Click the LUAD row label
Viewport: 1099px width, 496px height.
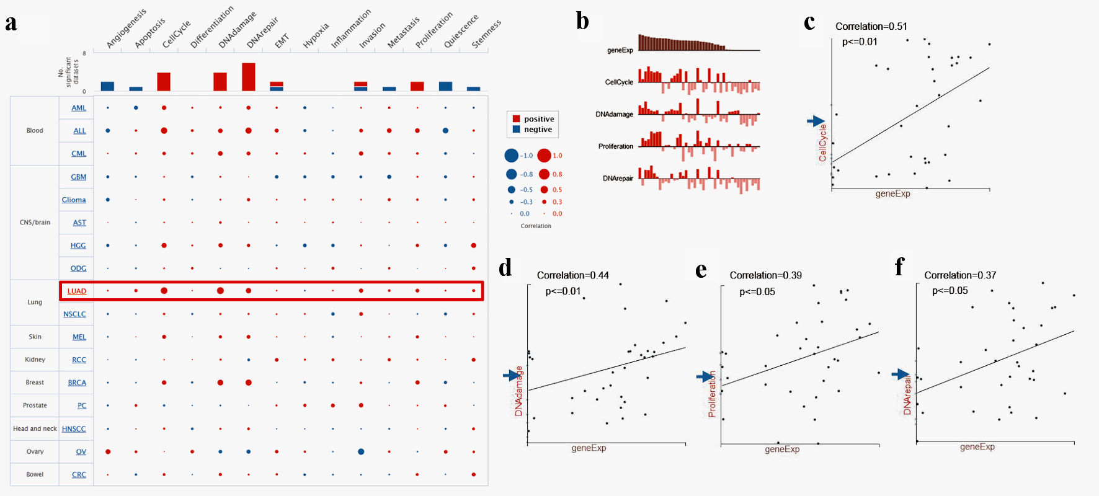click(77, 291)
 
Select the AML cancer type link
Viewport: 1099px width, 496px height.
click(79, 108)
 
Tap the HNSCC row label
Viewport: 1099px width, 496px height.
click(74, 429)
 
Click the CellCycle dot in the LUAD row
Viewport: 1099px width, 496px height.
click(164, 291)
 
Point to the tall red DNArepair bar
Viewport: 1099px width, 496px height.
click(249, 77)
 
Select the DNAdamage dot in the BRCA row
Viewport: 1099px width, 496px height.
click(220, 383)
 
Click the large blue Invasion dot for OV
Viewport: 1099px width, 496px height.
click(361, 451)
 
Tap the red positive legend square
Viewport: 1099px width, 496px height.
click(517, 119)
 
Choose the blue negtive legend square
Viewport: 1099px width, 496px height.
click(517, 130)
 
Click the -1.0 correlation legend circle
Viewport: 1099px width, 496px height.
click(512, 156)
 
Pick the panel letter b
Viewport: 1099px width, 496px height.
click(582, 22)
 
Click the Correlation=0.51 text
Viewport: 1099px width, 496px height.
click(871, 27)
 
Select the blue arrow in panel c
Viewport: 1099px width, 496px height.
click(816, 122)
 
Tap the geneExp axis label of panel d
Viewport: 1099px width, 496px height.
click(589, 448)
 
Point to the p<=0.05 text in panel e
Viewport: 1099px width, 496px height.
click(757, 292)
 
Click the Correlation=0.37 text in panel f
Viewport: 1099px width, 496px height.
click(960, 275)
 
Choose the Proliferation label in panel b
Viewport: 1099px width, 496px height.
click(615, 146)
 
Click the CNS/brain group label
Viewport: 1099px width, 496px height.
click(35, 223)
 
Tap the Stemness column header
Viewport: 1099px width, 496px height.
click(486, 35)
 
